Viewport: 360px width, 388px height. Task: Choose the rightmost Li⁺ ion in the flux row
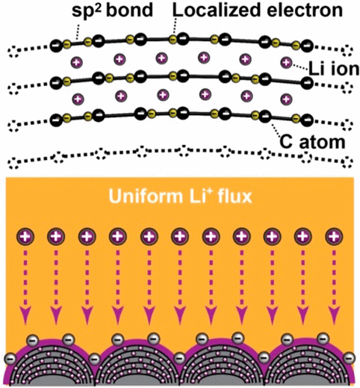pos(334,235)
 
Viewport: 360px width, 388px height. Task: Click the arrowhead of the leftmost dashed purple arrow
pos(28,314)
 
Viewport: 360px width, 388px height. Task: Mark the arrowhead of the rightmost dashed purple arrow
pos(334,314)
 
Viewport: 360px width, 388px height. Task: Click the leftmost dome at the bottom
pos(54,365)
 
